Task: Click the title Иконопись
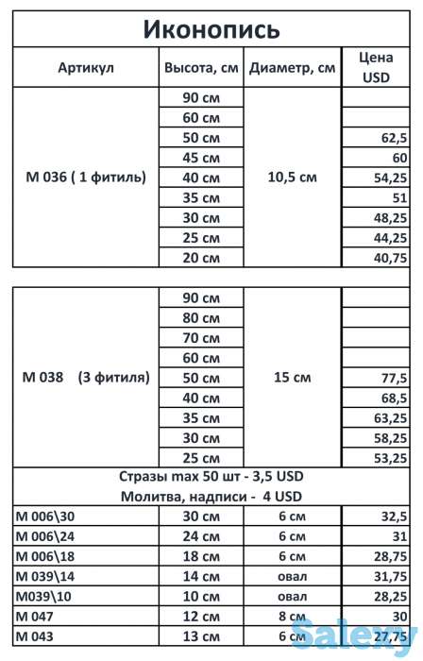coord(211,29)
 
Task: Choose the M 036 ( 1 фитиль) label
coord(85,177)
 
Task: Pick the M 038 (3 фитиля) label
coord(85,378)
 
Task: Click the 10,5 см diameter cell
coord(292,177)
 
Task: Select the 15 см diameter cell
coord(292,378)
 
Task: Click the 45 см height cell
coord(201,158)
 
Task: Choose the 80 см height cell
coord(201,317)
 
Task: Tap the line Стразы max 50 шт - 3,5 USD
coord(211,476)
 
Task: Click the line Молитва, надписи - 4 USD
coord(211,497)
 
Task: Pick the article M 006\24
coord(46,536)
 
